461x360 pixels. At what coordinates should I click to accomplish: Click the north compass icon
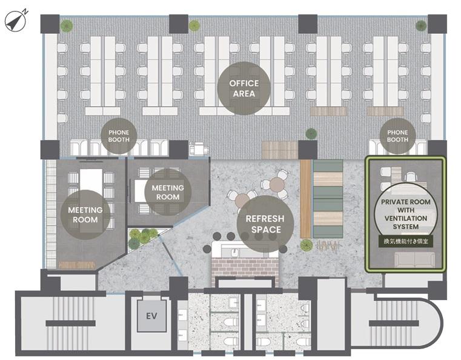click(16, 21)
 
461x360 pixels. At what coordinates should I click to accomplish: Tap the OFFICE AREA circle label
click(244, 88)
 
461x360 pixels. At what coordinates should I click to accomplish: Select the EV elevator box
click(151, 316)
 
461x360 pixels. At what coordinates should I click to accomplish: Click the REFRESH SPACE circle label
click(265, 224)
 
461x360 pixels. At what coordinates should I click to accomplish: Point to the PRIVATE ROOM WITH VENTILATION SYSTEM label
click(406, 214)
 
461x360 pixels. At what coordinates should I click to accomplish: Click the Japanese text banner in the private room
click(406, 241)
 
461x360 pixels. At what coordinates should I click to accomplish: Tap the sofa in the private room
click(414, 260)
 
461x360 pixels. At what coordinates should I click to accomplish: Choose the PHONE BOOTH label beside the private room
click(397, 136)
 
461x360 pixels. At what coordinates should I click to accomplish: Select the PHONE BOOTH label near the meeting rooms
click(119, 136)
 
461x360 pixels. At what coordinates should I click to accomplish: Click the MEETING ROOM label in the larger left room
click(85, 215)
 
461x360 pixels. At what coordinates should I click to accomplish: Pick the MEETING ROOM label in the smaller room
click(168, 192)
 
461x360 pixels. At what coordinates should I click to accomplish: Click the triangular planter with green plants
click(142, 238)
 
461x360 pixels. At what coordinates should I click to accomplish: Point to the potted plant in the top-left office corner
click(67, 26)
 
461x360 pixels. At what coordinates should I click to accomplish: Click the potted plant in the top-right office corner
click(421, 26)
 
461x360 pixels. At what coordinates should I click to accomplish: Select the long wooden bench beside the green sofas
click(306, 199)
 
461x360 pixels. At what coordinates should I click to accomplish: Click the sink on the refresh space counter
click(234, 252)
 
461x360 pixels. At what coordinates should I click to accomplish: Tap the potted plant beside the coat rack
click(307, 245)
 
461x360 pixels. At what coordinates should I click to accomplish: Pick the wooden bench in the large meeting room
click(77, 265)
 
